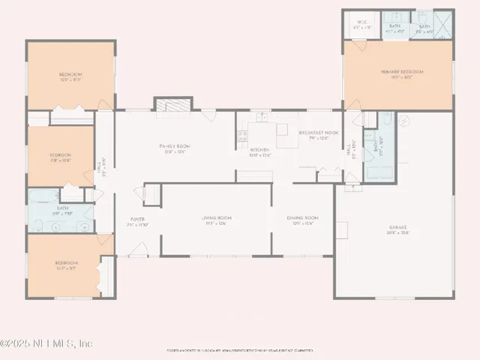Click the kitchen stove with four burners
[x=242, y=136]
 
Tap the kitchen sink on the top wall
[x=261, y=117]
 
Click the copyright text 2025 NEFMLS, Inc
[x=46, y=343]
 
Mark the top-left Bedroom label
[x=70, y=76]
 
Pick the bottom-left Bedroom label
[x=66, y=265]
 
